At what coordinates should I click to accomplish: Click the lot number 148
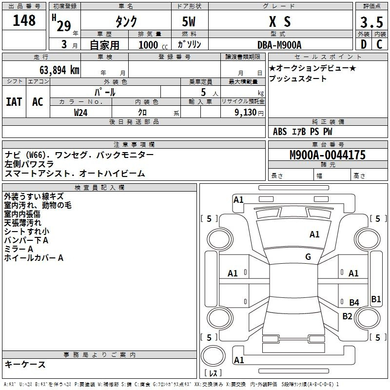tap(24, 20)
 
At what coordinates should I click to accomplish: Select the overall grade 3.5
tap(371, 22)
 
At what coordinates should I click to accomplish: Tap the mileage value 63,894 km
tap(59, 70)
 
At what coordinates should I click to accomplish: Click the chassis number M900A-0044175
tap(328, 155)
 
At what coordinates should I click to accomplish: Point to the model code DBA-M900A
tap(279, 45)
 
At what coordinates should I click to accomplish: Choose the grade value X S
tap(280, 21)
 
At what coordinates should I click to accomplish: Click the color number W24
tap(80, 113)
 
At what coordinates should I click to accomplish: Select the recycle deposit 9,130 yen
tap(249, 113)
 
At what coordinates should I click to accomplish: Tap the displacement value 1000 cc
tap(153, 45)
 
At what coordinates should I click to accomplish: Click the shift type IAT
tap(14, 102)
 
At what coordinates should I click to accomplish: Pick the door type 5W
tap(189, 21)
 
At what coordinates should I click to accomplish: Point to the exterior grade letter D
tap(364, 44)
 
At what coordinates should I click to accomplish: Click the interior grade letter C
tap(379, 44)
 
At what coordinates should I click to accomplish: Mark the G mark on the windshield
tap(308, 256)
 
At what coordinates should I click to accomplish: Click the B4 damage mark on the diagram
tap(354, 302)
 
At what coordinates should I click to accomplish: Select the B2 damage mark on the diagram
tap(347, 316)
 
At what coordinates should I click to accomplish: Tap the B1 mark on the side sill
tap(376, 299)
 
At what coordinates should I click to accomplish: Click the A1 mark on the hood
tap(314, 234)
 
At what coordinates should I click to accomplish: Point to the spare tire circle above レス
tap(213, 356)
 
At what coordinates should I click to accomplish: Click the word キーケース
tap(25, 364)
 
